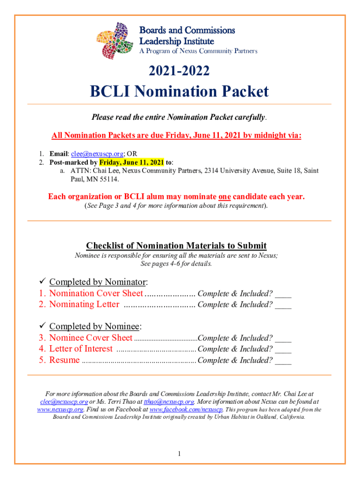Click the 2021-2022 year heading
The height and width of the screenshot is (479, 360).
point(179,71)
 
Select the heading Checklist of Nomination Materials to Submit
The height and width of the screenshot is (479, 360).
point(176,246)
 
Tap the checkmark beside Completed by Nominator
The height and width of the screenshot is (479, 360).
point(40,282)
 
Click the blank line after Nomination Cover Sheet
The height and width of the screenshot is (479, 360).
point(283,294)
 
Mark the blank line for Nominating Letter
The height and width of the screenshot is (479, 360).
point(283,305)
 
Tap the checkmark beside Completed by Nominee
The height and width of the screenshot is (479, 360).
point(40,327)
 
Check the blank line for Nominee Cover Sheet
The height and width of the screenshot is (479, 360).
point(283,339)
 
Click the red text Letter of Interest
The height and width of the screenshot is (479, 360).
point(81,349)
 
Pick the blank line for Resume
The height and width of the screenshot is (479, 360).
point(283,361)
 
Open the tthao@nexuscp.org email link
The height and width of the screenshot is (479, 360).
point(169,402)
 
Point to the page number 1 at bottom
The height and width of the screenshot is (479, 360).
point(180,454)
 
